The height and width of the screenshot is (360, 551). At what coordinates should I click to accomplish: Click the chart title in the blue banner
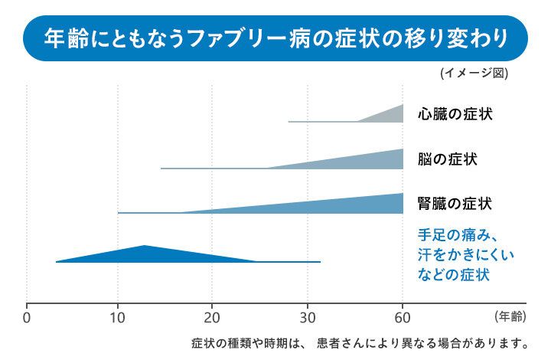(x=275, y=37)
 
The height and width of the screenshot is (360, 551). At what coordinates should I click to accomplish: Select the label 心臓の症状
(x=455, y=114)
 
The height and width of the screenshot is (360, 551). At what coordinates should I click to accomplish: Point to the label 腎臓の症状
(x=455, y=204)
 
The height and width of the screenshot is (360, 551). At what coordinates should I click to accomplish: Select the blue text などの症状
(x=454, y=273)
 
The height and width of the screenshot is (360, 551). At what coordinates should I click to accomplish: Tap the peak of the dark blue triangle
(x=145, y=247)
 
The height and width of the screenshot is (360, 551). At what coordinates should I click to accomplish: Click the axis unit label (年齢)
(x=508, y=315)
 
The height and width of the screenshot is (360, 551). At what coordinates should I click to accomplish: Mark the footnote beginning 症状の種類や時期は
(x=360, y=342)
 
